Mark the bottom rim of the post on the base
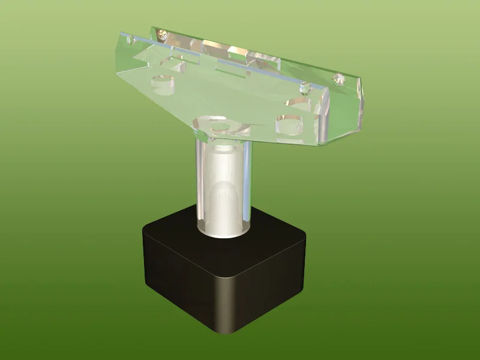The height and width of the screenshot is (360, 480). click(223, 232)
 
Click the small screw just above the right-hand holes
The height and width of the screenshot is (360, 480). click(304, 88)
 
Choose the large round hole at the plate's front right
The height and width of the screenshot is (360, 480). click(290, 127)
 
